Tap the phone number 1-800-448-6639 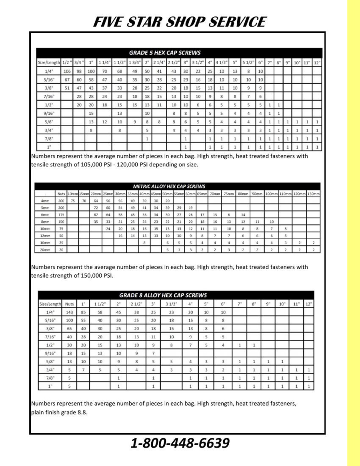click(x=180, y=444)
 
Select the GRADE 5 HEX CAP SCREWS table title click(x=165, y=53)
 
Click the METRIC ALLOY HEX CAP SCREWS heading click(x=169, y=186)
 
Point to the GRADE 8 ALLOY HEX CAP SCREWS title click(x=163, y=295)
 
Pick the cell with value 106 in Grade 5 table click(x=67, y=71)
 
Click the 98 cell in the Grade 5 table click(x=79, y=71)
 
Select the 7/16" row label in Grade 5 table click(x=48, y=96)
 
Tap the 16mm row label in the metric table click(x=45, y=243)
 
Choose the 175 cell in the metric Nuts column click(x=61, y=215)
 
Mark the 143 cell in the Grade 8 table click(x=69, y=312)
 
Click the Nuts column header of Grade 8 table click(x=69, y=304)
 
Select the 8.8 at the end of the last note click(x=82, y=412)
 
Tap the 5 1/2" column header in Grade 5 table click(x=248, y=63)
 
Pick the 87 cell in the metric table click(x=96, y=215)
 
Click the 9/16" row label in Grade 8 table click(x=50, y=353)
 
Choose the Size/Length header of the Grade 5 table click(x=48, y=63)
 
